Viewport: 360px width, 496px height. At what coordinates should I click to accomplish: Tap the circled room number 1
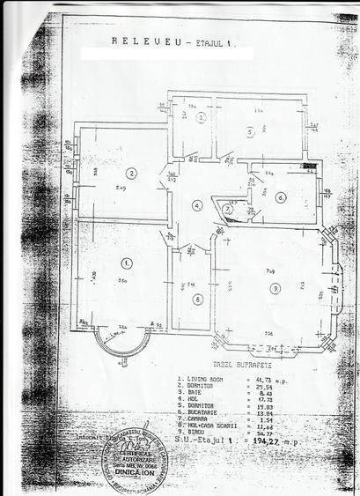(128, 262)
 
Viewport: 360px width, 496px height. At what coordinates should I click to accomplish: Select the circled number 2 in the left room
(131, 174)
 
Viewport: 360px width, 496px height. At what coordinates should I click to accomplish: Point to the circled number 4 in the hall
(198, 205)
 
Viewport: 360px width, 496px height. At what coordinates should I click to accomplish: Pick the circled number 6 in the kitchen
(280, 196)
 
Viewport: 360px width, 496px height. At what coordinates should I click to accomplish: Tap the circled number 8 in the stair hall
(198, 299)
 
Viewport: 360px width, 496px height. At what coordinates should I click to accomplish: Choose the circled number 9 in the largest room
(276, 288)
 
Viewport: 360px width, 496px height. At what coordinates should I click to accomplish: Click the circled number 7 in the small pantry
(227, 209)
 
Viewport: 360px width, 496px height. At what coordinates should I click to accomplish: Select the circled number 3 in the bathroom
(201, 116)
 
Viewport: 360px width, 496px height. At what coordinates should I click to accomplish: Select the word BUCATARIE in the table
(197, 411)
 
